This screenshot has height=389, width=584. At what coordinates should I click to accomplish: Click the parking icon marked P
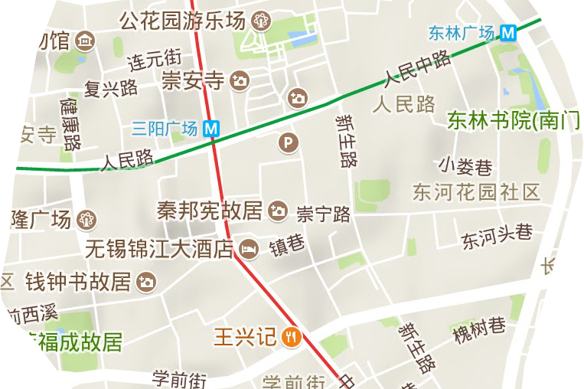coord(288,142)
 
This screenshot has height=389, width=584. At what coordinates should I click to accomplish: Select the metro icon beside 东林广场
coord(507,33)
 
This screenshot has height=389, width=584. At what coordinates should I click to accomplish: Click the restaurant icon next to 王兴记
coord(291,336)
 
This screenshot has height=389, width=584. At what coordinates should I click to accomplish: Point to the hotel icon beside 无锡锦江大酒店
coord(249,249)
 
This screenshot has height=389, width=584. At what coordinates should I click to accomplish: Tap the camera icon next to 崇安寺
coord(240,80)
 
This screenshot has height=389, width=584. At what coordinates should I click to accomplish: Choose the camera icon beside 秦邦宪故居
coord(279,210)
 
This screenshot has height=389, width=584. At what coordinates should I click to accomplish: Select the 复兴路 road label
coord(111,87)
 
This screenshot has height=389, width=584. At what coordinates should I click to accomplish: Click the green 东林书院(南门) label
coord(514,120)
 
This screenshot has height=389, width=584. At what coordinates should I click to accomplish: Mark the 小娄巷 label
coord(465,165)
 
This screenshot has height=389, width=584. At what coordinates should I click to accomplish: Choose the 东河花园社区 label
coord(476,191)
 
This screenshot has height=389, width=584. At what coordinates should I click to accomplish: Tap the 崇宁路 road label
coord(324,214)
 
